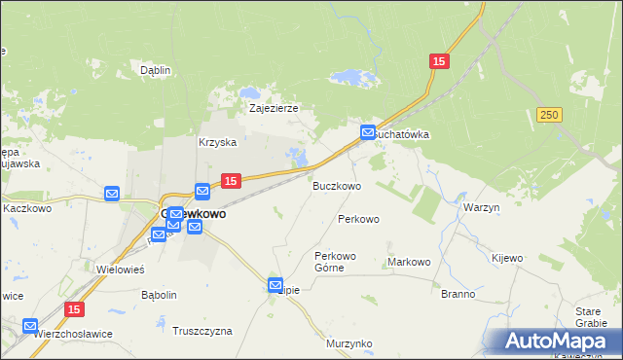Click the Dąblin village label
point(155,70)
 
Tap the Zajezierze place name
point(273,109)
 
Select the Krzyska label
point(218,142)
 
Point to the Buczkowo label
point(337,185)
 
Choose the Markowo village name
point(409,262)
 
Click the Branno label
point(458,294)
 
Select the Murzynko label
point(349,343)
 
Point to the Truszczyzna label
point(202,331)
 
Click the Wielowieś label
point(121,269)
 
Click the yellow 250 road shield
point(549,115)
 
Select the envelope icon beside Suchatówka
point(368,132)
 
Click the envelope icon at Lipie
point(275,284)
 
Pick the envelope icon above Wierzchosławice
point(30,326)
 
